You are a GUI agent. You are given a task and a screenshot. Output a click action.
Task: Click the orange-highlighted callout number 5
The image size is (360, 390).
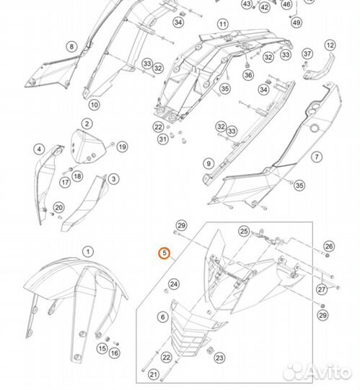tap(164, 253)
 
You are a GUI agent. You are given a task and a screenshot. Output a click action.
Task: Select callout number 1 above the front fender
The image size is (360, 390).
tap(87, 252)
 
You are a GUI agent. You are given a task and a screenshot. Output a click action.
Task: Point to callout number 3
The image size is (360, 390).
tap(39, 149)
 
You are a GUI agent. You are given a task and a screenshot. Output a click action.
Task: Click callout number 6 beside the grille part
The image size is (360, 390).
tap(162, 317)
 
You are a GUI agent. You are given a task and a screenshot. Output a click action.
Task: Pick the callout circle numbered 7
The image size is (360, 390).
tap(316, 157)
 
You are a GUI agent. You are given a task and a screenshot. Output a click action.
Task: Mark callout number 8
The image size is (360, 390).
tap(71, 47)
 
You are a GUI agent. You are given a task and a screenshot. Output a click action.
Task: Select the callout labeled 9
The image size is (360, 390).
tap(208, 163)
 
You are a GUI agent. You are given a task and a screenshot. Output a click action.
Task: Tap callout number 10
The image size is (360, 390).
tap(94, 105)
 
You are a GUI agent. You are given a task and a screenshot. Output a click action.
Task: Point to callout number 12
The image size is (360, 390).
tap(330, 45)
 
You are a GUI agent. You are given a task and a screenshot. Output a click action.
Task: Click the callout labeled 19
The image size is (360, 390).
tap(122, 147)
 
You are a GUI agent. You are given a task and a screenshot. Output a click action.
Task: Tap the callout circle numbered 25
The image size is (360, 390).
tap(244, 231)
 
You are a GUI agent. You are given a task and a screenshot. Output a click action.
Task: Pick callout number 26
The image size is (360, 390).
tap(329, 247)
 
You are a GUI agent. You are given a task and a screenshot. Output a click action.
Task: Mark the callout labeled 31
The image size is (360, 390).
tap(162, 139)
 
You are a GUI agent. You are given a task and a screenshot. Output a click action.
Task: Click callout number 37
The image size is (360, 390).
tap(307, 54)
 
